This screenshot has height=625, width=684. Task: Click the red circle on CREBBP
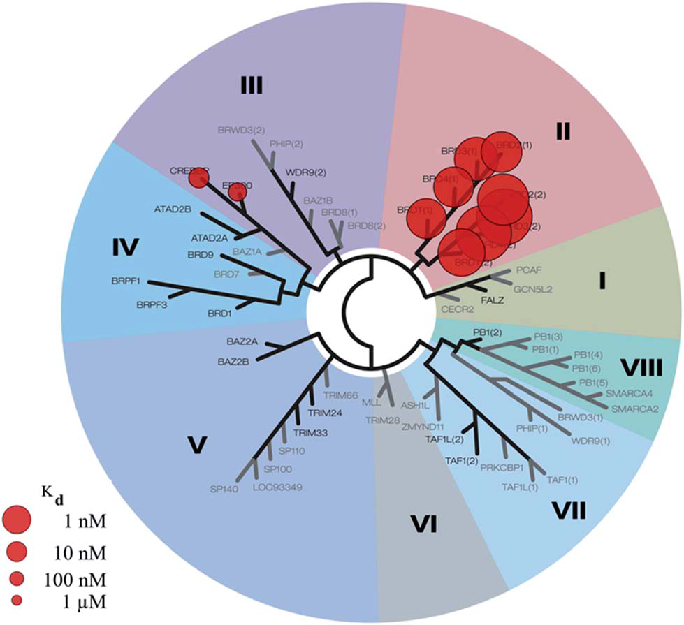coord(198,179)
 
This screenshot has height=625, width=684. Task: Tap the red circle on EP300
coord(238,191)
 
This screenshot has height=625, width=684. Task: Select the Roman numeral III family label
coord(250,87)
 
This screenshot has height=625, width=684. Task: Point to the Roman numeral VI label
coord(424,522)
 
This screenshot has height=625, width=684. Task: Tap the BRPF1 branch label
coord(126,281)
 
